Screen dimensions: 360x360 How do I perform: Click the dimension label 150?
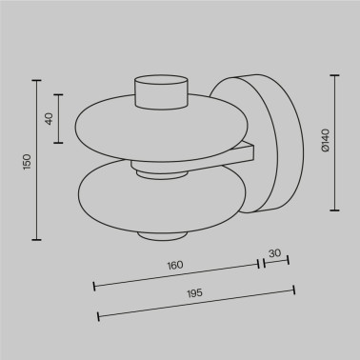(x=28, y=162)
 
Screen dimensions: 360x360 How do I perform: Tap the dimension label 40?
(x=50, y=119)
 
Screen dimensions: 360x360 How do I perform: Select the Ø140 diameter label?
(x=326, y=140)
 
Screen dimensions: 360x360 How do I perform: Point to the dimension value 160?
(x=175, y=265)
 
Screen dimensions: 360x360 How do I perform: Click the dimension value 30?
(x=275, y=253)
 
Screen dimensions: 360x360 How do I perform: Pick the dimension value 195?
(x=194, y=293)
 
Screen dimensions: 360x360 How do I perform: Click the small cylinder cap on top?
(x=162, y=92)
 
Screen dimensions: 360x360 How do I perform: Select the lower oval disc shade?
(x=162, y=197)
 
